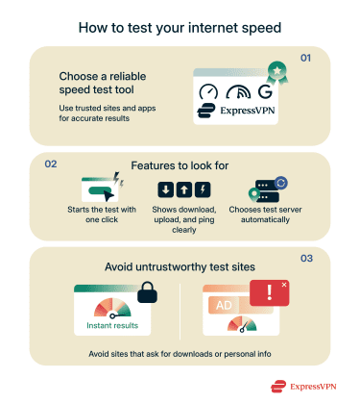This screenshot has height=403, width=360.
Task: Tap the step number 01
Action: click(x=306, y=59)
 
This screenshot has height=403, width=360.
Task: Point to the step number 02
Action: click(x=52, y=164)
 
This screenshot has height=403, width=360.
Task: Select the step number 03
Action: click(x=306, y=259)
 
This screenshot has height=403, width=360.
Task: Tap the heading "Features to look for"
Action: click(x=179, y=165)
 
